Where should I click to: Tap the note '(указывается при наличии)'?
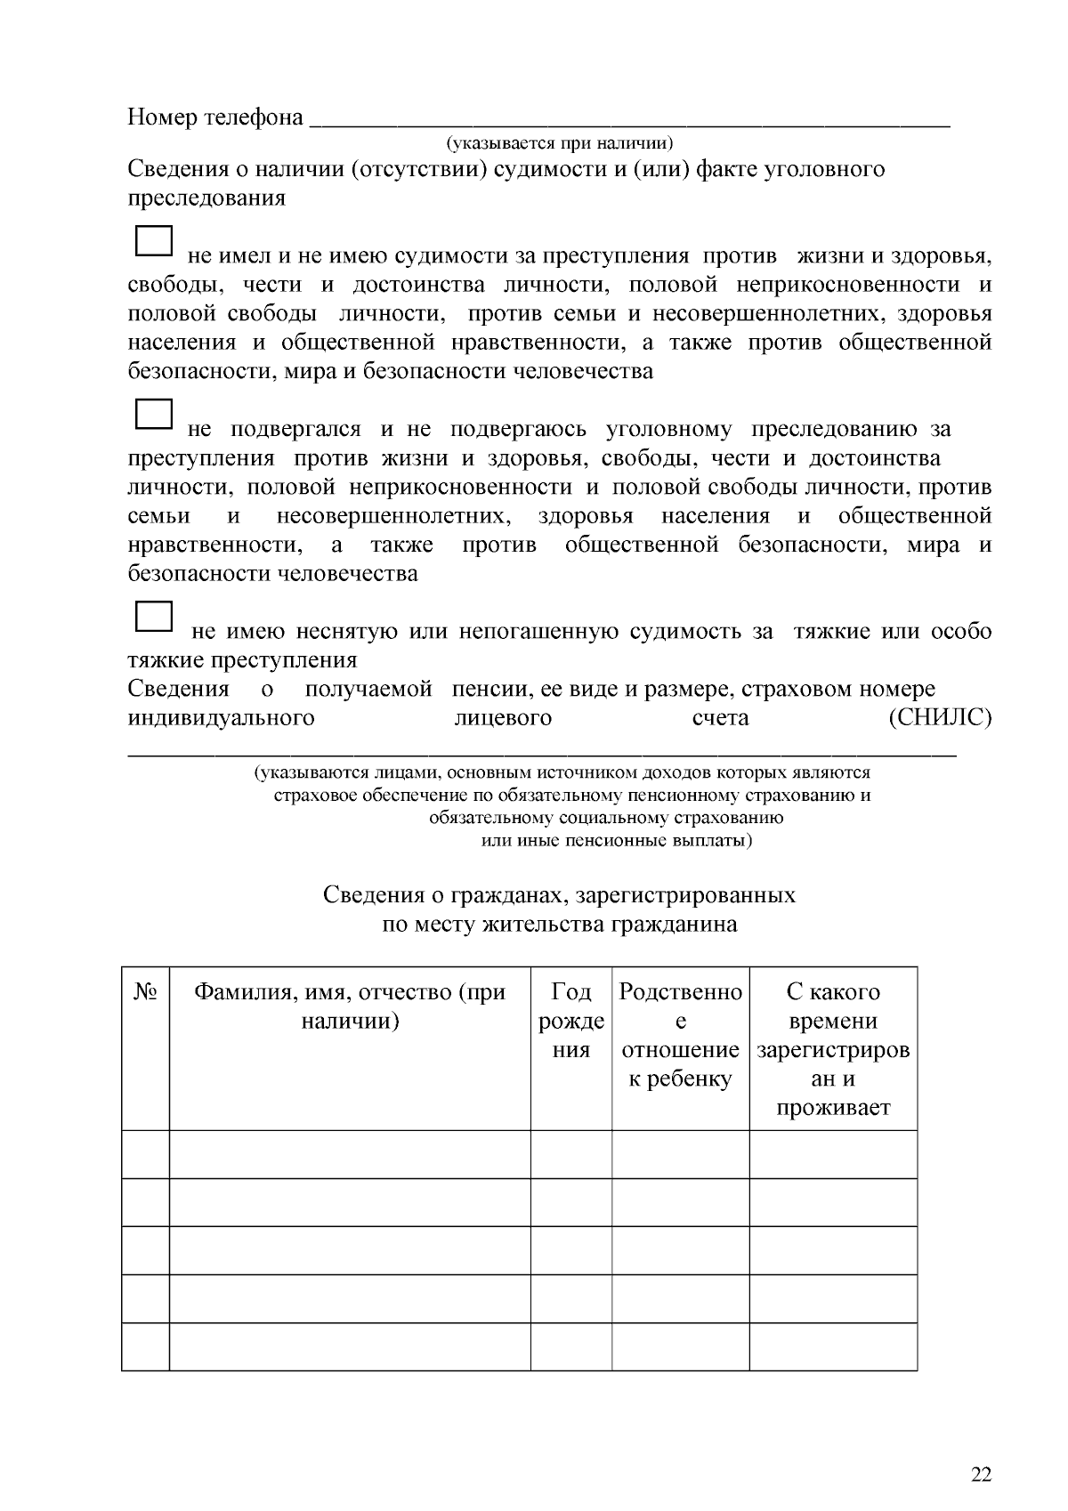click(x=559, y=142)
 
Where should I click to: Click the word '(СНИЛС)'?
click(x=940, y=717)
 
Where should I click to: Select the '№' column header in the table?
click(x=145, y=992)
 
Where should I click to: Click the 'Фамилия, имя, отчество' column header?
click(x=350, y=1006)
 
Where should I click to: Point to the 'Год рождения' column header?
click(x=571, y=1021)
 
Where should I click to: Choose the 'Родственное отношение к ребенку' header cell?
click(x=680, y=1035)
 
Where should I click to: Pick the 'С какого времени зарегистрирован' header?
click(x=833, y=1049)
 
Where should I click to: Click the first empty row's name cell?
click(x=350, y=1154)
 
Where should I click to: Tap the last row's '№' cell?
click(x=145, y=1346)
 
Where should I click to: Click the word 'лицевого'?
click(x=503, y=717)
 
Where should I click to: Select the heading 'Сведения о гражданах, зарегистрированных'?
click(x=559, y=894)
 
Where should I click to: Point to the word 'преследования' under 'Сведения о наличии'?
click(x=206, y=198)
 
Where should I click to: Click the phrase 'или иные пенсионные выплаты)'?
click(x=616, y=841)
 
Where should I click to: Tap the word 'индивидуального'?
click(x=221, y=717)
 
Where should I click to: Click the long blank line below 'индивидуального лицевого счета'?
click(x=543, y=754)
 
